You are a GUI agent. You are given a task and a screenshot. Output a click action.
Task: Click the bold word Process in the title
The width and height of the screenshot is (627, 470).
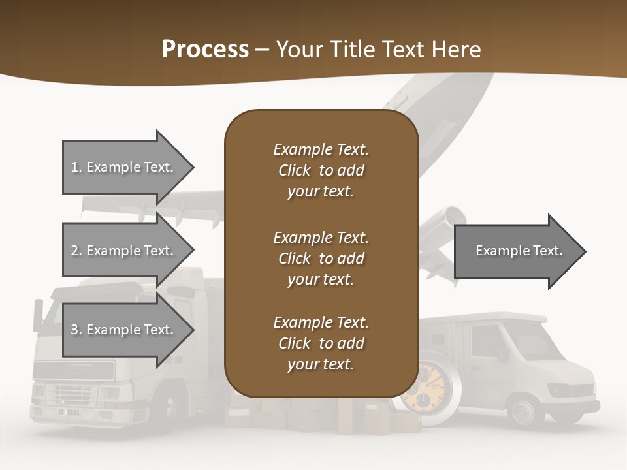tap(205, 50)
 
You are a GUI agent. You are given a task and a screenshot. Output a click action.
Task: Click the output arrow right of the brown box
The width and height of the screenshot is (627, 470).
tap(519, 251)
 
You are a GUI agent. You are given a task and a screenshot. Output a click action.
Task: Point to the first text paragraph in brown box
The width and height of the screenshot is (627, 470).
tap(321, 170)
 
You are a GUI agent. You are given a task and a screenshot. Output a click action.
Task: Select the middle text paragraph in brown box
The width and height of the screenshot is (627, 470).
tap(321, 258)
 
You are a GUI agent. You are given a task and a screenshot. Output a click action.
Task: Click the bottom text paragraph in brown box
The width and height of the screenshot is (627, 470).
tap(321, 343)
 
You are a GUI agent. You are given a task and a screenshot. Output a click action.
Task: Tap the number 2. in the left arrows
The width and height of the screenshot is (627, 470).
tap(76, 251)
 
